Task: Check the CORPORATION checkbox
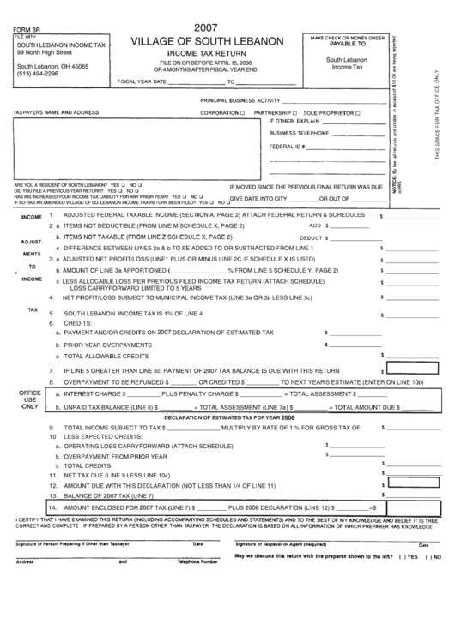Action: coord(245,112)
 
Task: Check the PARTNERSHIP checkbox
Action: coord(295,112)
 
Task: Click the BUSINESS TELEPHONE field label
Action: coord(298,134)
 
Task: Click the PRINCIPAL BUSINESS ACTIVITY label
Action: coord(234,100)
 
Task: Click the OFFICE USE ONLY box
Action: coord(30,400)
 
